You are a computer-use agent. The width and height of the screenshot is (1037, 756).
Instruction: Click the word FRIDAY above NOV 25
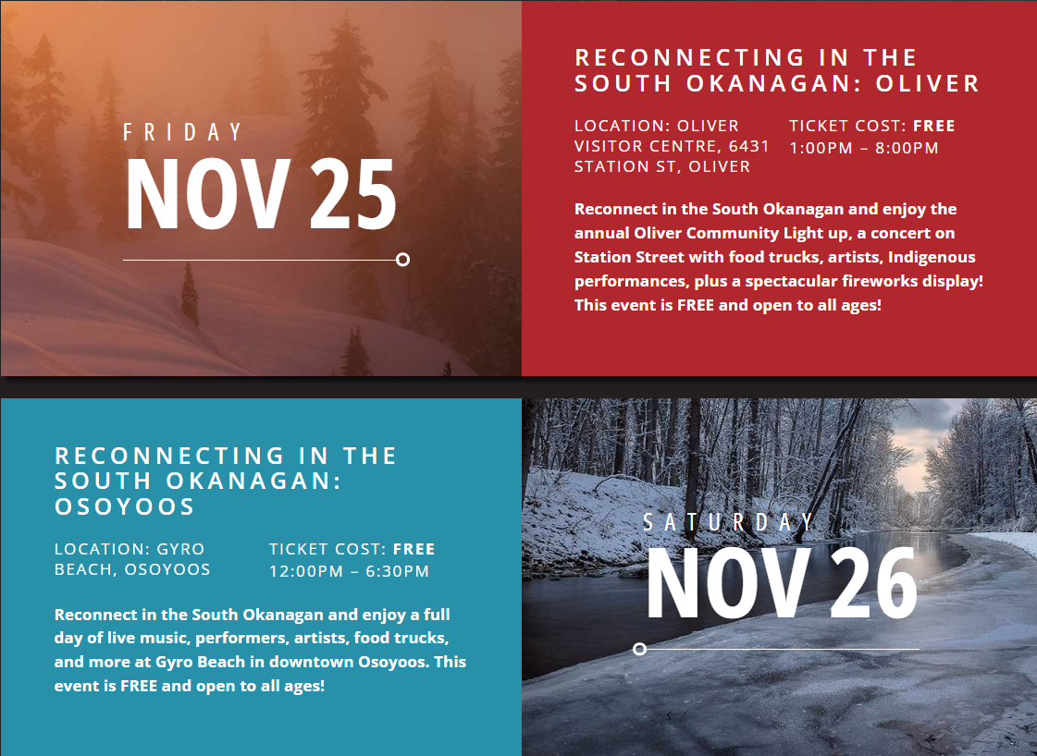(183, 132)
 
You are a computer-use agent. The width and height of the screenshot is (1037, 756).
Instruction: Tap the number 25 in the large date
(352, 195)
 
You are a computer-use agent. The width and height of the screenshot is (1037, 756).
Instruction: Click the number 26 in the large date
(873, 584)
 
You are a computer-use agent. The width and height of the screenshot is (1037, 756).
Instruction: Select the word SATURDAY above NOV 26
(729, 523)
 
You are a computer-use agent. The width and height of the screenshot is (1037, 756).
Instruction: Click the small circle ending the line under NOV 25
(402, 260)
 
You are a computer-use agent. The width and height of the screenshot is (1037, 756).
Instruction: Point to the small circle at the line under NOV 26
(639, 650)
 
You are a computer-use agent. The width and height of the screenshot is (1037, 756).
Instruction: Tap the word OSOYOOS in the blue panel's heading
(125, 506)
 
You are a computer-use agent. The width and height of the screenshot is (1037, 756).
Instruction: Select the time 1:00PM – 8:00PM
(864, 148)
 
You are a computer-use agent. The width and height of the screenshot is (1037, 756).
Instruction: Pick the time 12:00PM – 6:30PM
(349, 571)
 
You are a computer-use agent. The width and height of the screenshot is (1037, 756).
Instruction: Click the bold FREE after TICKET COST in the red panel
(933, 126)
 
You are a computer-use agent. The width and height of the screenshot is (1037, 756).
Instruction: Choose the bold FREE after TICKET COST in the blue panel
(414, 549)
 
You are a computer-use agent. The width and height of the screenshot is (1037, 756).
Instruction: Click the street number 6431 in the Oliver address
(748, 146)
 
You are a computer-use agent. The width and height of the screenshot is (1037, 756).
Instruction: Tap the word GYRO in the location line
(180, 549)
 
